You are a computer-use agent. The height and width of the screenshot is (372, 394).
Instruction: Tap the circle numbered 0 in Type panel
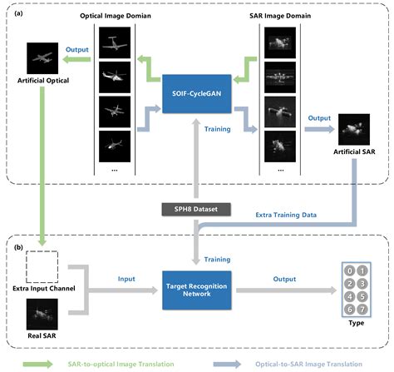338,270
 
